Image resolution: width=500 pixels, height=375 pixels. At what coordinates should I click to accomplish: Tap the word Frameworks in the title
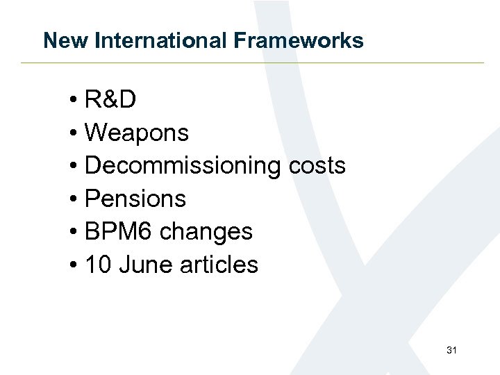pyautogui.click(x=299, y=40)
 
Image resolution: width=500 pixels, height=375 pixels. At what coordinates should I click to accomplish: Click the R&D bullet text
pyautogui.click(x=110, y=100)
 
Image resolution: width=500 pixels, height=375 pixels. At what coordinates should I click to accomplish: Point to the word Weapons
pyautogui.click(x=136, y=133)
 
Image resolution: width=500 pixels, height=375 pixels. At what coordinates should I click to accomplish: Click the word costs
pyautogui.click(x=316, y=166)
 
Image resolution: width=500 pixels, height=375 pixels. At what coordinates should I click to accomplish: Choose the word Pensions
pyautogui.click(x=135, y=199)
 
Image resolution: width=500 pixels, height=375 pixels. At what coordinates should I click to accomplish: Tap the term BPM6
pyautogui.click(x=119, y=231)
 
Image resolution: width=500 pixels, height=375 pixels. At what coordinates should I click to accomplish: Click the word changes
pyautogui.click(x=206, y=231)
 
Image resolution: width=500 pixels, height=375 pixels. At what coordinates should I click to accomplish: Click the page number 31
pyautogui.click(x=451, y=351)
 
